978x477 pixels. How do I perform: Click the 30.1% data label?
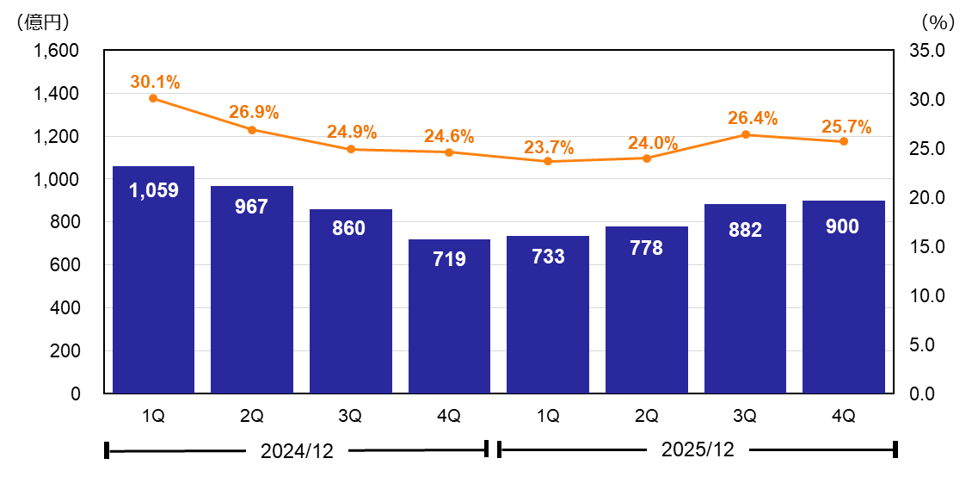(155, 83)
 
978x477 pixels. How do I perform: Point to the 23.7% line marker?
(548, 161)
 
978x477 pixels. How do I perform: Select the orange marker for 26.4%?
(745, 134)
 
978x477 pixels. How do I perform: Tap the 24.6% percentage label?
(449, 136)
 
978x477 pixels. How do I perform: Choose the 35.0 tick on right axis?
(926, 51)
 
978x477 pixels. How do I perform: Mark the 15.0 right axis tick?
(926, 247)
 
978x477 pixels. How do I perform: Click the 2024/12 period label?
(296, 450)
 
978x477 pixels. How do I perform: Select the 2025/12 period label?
(697, 449)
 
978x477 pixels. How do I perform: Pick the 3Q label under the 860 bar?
(350, 416)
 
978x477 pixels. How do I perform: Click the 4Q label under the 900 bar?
(843, 416)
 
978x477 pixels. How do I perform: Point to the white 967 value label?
(252, 207)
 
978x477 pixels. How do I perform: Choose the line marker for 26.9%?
(252, 130)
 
